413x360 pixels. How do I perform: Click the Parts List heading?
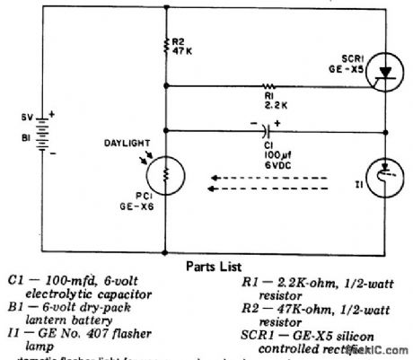pyautogui.click(x=214, y=267)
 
